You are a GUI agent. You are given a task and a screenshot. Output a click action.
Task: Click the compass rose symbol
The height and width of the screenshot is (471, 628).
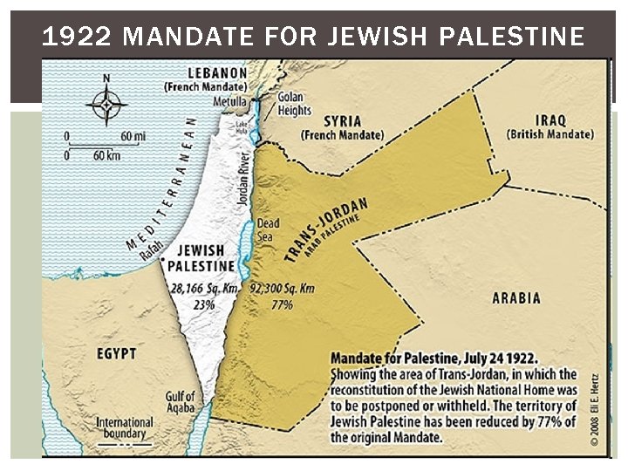(x=106, y=104)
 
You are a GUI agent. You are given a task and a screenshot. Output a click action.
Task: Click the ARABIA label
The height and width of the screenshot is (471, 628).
(x=516, y=298)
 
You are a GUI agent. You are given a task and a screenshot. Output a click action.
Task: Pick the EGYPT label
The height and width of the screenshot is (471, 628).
(x=116, y=353)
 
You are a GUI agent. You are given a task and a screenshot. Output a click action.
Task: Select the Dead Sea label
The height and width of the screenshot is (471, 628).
(x=268, y=230)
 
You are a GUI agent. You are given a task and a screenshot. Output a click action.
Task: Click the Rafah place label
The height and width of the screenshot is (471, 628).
(x=149, y=250)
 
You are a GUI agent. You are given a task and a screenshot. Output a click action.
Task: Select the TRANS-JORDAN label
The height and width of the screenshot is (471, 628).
(x=325, y=229)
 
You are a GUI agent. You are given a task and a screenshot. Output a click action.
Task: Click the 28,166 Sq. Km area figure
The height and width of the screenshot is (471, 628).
(x=203, y=289)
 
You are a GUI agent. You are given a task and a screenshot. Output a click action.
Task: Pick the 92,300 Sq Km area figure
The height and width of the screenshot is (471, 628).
(x=283, y=289)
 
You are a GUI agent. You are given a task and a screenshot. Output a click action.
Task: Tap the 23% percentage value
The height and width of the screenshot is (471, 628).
(x=203, y=305)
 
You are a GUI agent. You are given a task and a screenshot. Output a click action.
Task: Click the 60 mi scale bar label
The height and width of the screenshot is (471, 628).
(x=133, y=136)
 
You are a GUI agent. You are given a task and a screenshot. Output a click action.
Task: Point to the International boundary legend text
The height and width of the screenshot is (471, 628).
(x=124, y=428)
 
